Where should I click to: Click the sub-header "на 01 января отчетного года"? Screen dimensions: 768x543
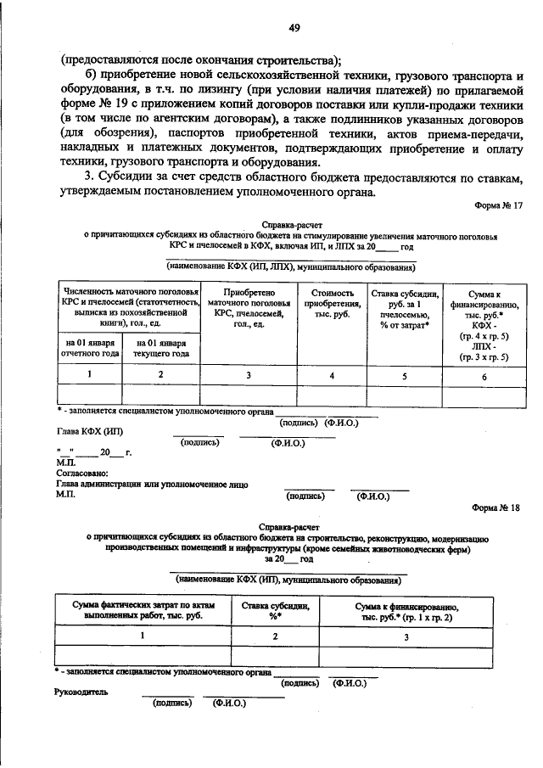[88, 348]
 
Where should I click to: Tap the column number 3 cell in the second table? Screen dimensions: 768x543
[406, 635]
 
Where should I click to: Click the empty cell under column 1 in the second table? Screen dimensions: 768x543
[142, 654]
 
